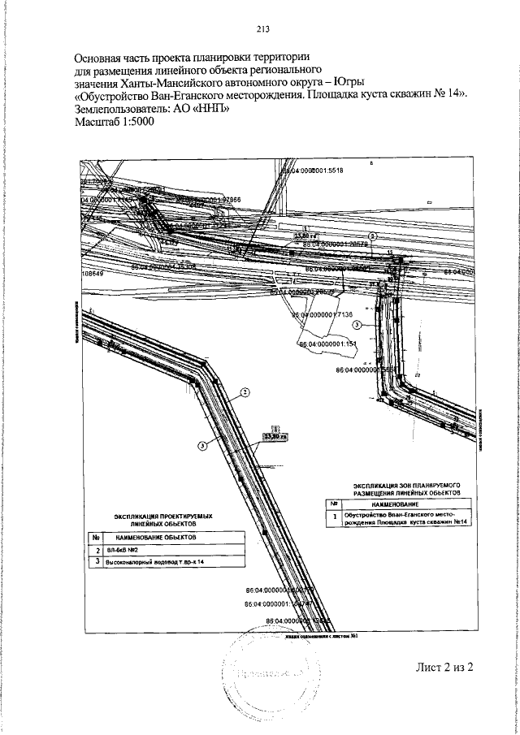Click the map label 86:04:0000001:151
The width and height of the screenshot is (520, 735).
click(328, 344)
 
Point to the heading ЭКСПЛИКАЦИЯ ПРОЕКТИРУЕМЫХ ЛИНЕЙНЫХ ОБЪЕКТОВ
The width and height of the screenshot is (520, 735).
click(163, 521)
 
